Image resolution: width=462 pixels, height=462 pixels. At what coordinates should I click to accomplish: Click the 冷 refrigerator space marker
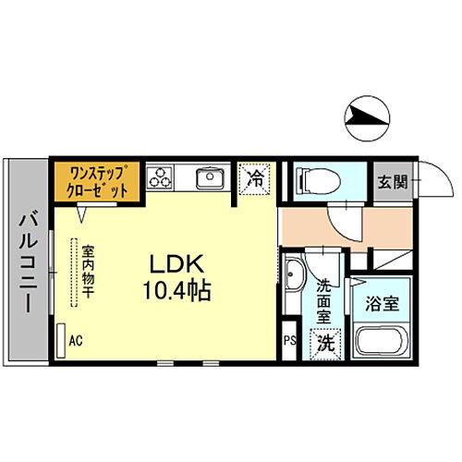(x=256, y=178)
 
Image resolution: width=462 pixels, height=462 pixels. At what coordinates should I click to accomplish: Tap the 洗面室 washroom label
(x=324, y=300)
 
